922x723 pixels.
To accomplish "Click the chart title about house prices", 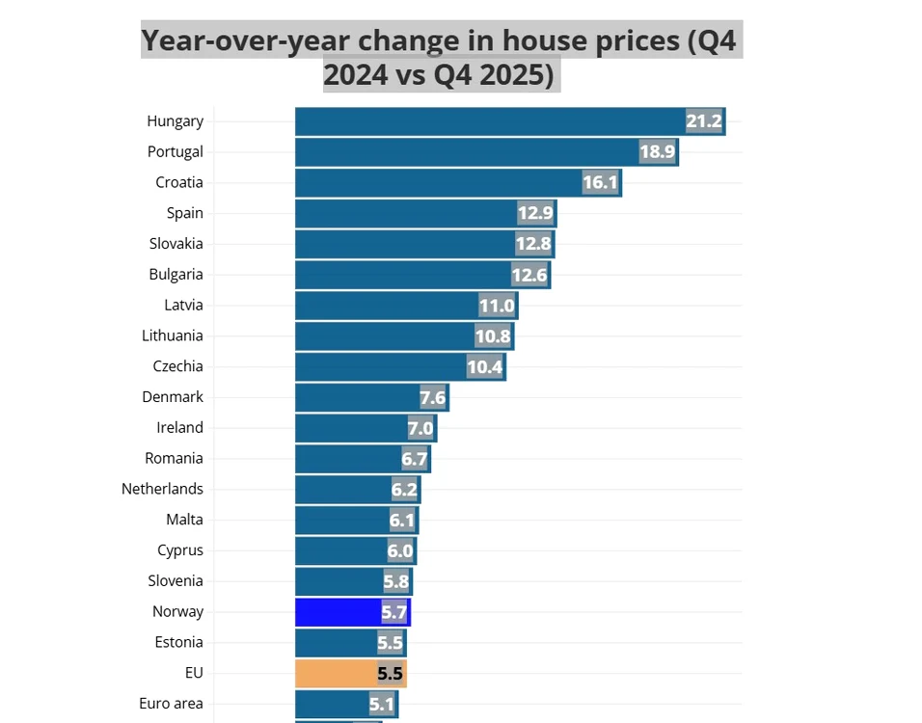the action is [439, 57].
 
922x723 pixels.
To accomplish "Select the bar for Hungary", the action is [510, 121].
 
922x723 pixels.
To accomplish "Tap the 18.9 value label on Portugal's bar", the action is [658, 151].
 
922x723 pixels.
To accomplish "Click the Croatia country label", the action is [179, 182].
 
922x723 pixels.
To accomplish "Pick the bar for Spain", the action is [425, 213].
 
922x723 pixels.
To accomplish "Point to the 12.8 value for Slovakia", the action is [533, 243].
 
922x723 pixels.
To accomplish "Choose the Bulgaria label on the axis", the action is [176, 275].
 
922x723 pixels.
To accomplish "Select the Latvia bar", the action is [406, 306].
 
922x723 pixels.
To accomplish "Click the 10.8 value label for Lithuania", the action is [493, 336].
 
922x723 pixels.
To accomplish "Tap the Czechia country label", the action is [177, 366].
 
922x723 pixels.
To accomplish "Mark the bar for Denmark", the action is [372, 397].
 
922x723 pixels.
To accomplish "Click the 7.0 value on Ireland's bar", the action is [420, 428].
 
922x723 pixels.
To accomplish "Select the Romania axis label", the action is [174, 458].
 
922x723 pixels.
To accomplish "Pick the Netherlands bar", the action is [358, 490].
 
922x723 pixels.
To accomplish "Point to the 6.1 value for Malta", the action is [402, 521].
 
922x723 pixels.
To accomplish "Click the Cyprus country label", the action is [180, 550].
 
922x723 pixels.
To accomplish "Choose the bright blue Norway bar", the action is [353, 612].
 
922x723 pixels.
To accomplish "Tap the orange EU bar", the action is [351, 673].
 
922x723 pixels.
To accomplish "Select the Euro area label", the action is [171, 703].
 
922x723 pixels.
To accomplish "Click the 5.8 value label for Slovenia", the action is [395, 581].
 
